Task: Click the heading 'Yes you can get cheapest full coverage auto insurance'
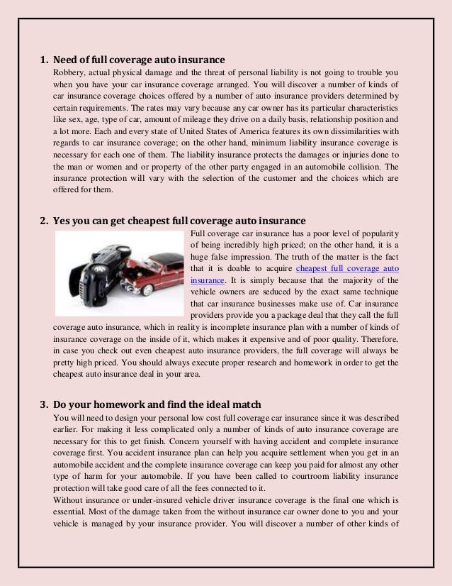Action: point(179,219)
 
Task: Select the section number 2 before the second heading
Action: point(41,219)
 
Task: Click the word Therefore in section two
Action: point(379,339)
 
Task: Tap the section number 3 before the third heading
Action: point(41,405)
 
